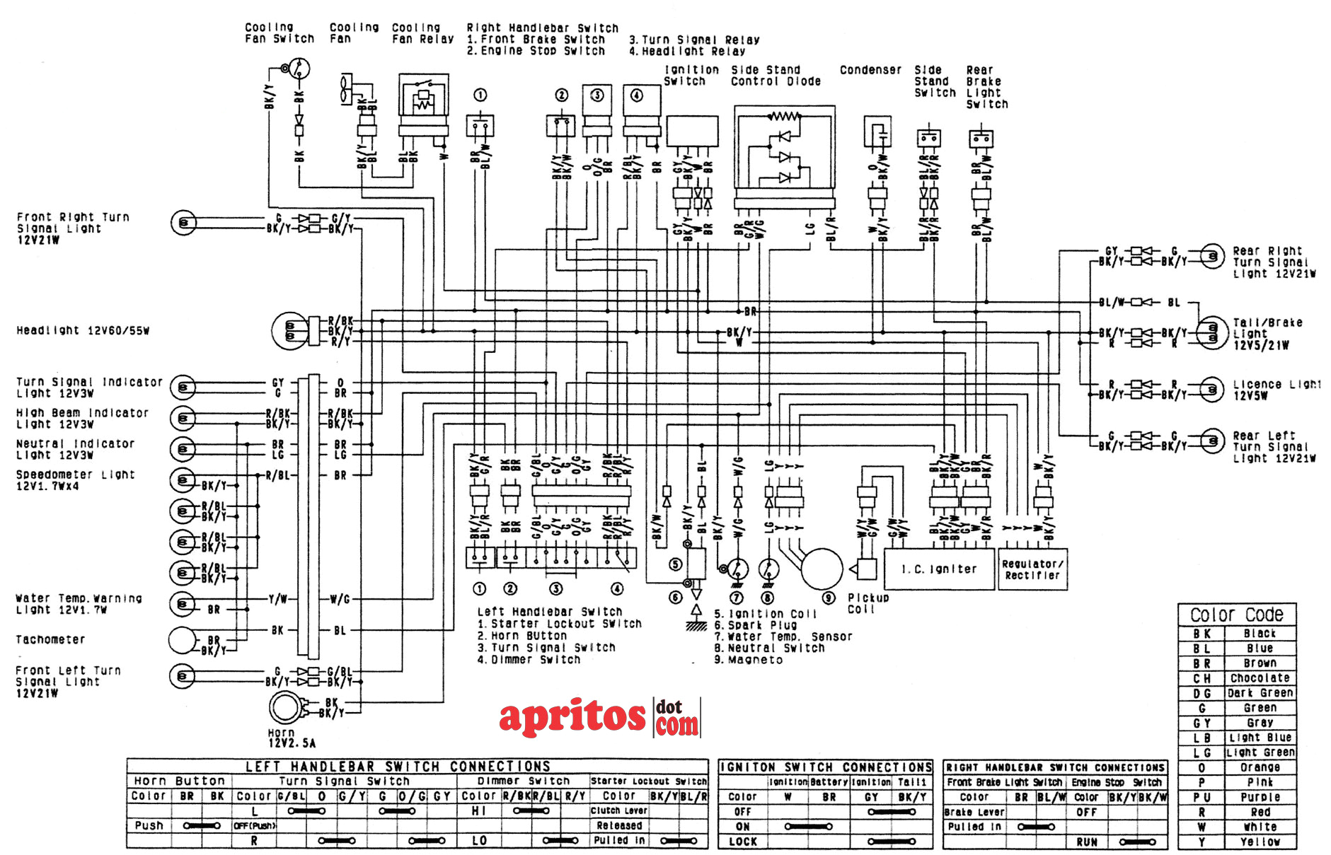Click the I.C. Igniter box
point(938,569)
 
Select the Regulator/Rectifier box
point(1032,569)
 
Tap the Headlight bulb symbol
point(289,330)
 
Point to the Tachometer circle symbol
point(182,640)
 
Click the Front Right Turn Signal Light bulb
point(183,223)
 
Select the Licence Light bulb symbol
point(1211,389)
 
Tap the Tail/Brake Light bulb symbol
point(1211,333)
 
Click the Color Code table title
point(1236,615)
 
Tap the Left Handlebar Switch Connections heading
point(398,766)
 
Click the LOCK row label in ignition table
point(742,842)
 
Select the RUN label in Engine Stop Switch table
point(1087,842)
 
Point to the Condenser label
point(870,70)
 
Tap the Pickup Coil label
point(868,603)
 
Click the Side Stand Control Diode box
point(784,152)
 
